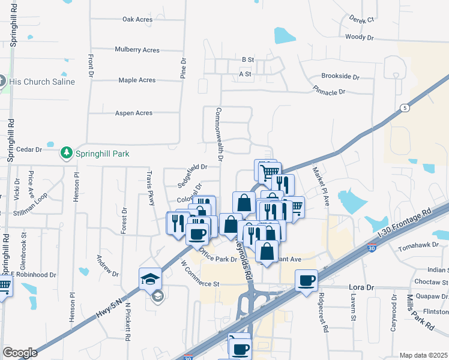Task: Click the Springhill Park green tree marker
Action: [x=66, y=154]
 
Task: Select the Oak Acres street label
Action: [x=137, y=19]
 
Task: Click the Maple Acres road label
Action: [x=137, y=80]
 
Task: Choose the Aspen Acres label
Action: [x=134, y=113]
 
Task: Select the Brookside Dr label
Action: [x=340, y=77]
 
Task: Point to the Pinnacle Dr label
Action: [x=329, y=92]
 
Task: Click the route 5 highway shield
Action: [x=405, y=108]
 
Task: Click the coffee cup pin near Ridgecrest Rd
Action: [x=306, y=280]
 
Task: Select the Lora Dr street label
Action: [x=361, y=287]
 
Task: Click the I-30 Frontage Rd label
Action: [x=403, y=222]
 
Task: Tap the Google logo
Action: [x=20, y=353]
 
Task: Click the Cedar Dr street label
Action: [x=29, y=149]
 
